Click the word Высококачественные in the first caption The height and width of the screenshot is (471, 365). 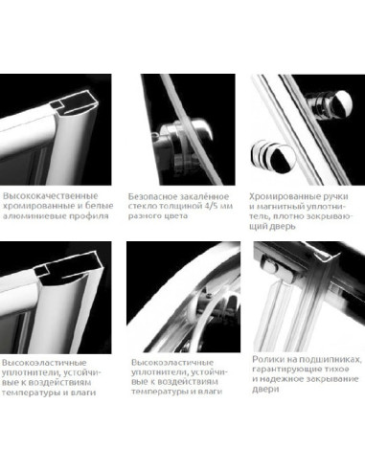click(x=50, y=195)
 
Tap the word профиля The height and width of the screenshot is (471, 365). click(x=93, y=216)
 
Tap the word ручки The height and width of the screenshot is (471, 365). click(x=334, y=196)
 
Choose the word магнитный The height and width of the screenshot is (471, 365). click(x=280, y=207)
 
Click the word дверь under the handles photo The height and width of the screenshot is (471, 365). click(x=282, y=227)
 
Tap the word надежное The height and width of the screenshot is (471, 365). click(x=280, y=379)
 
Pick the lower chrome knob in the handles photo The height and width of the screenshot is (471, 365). click(x=272, y=157)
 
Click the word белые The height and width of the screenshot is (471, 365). click(x=102, y=206)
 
